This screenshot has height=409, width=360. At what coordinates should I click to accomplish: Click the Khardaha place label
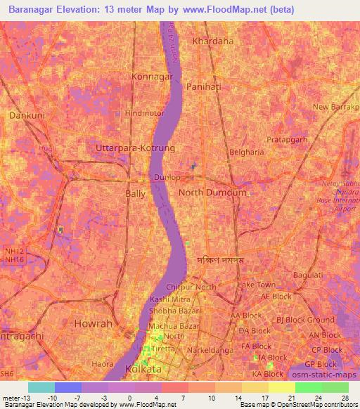pos(212,41)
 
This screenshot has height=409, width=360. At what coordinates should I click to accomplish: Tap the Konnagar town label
pos(153,75)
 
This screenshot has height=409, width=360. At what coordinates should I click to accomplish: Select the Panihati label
pos(205,86)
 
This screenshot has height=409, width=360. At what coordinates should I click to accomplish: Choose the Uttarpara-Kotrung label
pos(135,149)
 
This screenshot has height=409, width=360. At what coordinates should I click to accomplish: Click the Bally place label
pos(135,193)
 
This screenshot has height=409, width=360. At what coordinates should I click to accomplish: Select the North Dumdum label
pos(212,193)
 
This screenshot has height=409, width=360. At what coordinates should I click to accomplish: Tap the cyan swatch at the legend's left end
pos(41,387)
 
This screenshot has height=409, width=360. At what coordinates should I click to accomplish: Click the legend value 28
pos(345,398)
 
